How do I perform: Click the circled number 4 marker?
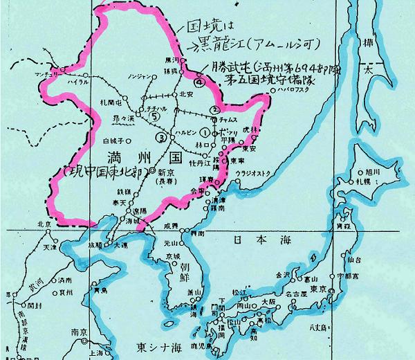click(199, 82)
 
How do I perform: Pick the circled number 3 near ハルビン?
click(161, 137)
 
